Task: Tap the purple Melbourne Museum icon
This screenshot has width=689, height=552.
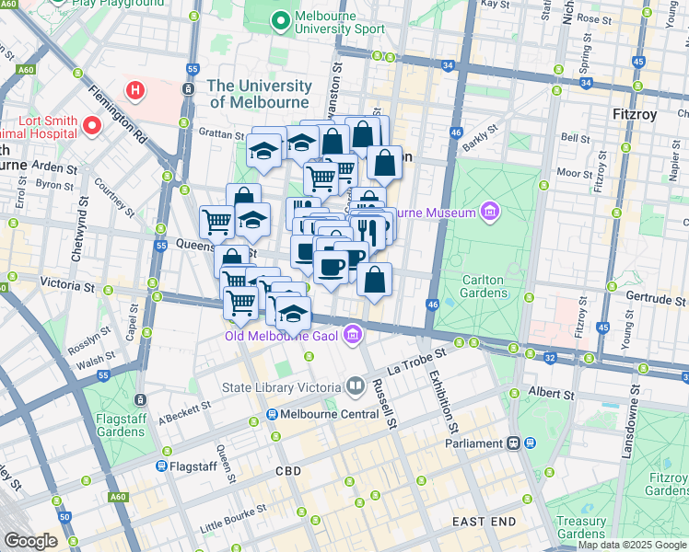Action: [x=488, y=213]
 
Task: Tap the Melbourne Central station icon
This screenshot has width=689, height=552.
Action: [x=274, y=415]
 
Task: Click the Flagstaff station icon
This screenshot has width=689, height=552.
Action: [x=160, y=466]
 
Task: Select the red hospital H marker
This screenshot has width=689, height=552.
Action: [x=136, y=90]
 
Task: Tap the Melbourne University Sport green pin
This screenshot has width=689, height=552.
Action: [x=280, y=19]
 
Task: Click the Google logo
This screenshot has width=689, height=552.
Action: [x=29, y=541]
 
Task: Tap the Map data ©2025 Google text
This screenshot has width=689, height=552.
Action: [x=632, y=545]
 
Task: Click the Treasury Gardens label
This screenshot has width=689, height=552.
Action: [x=581, y=526]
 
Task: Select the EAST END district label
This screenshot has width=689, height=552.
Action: [x=484, y=522]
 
